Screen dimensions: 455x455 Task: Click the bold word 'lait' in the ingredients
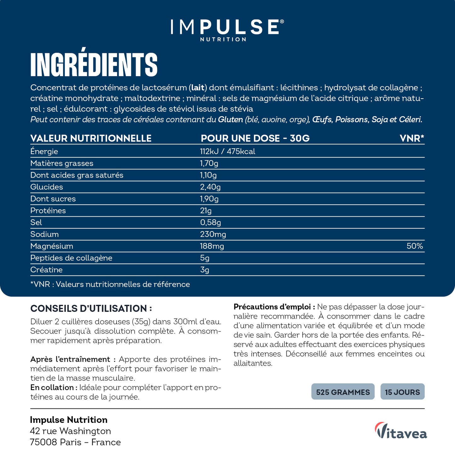pyautogui.click(x=198, y=88)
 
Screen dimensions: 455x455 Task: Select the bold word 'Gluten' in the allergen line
pyautogui.click(x=230, y=120)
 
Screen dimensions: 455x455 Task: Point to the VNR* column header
pyautogui.click(x=412, y=138)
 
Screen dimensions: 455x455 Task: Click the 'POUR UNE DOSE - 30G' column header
pyautogui.click(x=255, y=138)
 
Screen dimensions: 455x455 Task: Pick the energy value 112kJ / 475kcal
pyautogui.click(x=227, y=151)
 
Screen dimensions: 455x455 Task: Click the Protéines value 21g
pyautogui.click(x=206, y=211)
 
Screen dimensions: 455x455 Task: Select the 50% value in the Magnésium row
pyautogui.click(x=415, y=246)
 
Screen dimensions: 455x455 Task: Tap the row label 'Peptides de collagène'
pyautogui.click(x=71, y=258)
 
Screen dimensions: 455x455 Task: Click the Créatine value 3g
pyautogui.click(x=204, y=270)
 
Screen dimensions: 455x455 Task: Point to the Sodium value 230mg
pyautogui.click(x=213, y=234)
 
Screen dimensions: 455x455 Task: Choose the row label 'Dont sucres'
pyautogui.click(x=53, y=199)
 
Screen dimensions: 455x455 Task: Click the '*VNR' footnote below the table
pyautogui.click(x=110, y=284)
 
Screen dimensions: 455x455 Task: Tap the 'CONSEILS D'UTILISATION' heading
pyautogui.click(x=91, y=309)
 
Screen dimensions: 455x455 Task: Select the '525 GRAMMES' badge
pyautogui.click(x=343, y=392)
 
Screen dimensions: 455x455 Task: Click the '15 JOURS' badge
pyautogui.click(x=402, y=392)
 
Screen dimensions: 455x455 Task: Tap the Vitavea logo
pyautogui.click(x=401, y=431)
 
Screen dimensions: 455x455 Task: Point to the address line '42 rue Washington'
pyautogui.click(x=70, y=431)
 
